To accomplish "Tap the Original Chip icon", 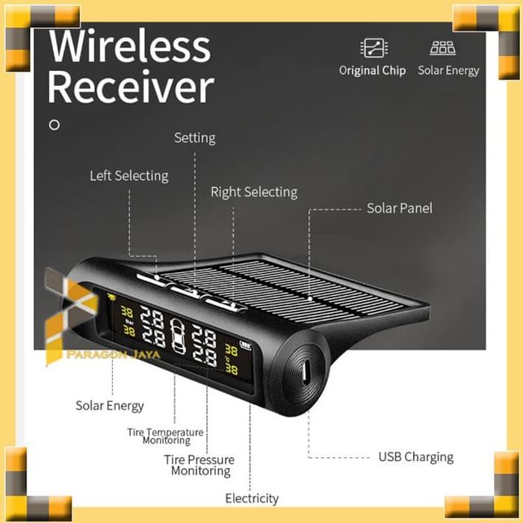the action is (371, 49).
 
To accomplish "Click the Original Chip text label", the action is (372, 70).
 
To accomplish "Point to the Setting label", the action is (194, 137).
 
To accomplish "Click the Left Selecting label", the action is (129, 176).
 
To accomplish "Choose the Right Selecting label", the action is (253, 192).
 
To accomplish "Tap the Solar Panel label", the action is (399, 208).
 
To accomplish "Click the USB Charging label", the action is (415, 457).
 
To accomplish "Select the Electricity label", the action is (252, 498).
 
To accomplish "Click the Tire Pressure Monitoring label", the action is (199, 465).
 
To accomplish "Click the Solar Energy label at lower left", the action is (109, 406).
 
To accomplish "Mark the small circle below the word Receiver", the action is (54, 125).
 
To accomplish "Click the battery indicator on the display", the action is (244, 345).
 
